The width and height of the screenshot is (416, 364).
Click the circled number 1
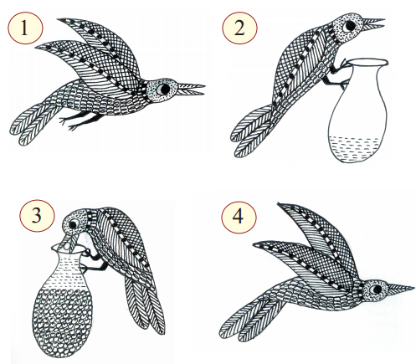point(25,28)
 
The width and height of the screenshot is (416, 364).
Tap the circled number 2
point(239,28)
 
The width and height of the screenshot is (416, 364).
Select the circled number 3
point(37,216)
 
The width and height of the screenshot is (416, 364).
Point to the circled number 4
point(239,217)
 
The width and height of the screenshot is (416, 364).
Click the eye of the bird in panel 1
point(163,89)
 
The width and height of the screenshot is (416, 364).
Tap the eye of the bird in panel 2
point(349,26)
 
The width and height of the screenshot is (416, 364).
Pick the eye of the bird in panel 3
point(74,224)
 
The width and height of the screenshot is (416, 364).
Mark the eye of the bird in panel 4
point(376,289)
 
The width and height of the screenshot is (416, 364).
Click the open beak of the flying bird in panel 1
point(191,89)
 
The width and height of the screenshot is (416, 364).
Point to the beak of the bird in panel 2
point(374,23)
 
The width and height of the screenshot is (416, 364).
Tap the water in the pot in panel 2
point(354,149)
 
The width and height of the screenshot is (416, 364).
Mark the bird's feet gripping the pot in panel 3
point(95,261)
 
